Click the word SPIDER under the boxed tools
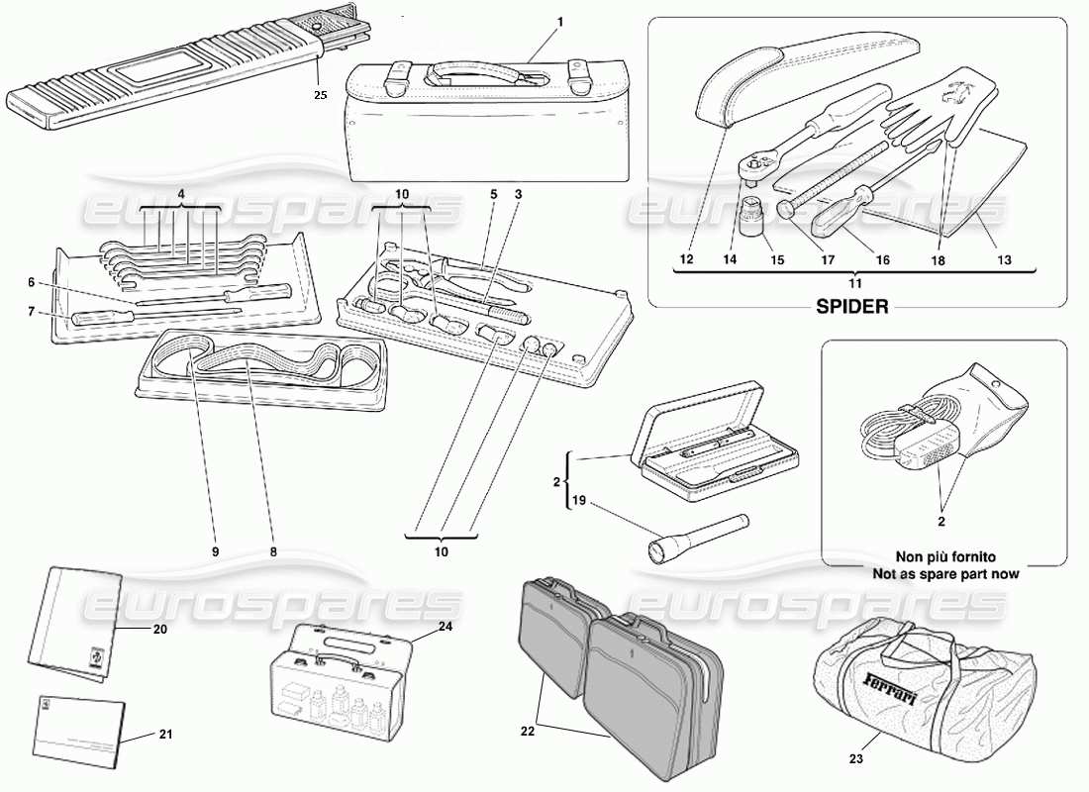pyautogui.click(x=852, y=306)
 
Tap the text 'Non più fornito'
pyautogui.click(x=944, y=556)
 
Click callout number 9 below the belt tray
pyautogui.click(x=215, y=551)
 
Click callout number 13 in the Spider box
pyautogui.click(x=1003, y=260)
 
